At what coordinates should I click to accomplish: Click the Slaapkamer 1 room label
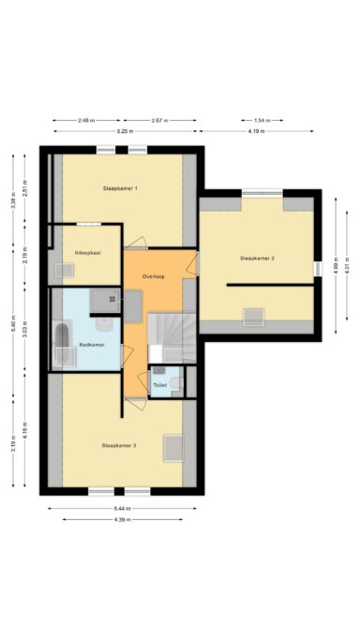[120, 189]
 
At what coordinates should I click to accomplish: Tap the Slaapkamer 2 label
[257, 257]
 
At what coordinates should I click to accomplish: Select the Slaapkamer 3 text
[120, 445]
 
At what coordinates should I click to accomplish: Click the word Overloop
[154, 276]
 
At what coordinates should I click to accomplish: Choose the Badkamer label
[91, 345]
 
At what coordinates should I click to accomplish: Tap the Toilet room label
[159, 384]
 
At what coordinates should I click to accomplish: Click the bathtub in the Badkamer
[64, 345]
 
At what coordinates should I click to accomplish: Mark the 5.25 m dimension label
[123, 131]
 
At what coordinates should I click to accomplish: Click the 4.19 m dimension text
[255, 131]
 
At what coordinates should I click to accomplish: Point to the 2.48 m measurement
[86, 120]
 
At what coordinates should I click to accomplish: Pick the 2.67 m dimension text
[158, 120]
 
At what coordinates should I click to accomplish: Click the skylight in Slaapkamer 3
[173, 448]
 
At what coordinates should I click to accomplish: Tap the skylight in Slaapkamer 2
[254, 316]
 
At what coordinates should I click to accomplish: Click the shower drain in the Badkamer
[104, 301]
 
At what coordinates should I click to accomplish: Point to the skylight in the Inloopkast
[64, 271]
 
